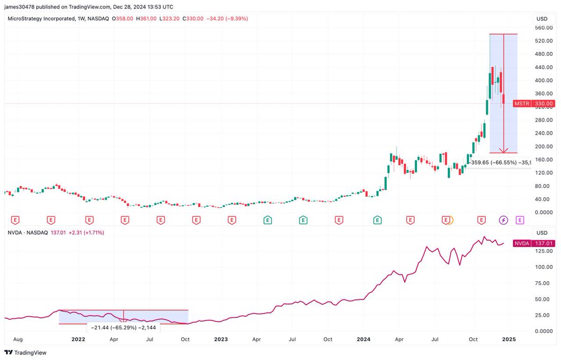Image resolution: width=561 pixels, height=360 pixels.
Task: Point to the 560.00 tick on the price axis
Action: click(x=544, y=28)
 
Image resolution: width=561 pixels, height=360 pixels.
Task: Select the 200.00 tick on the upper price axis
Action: click(x=544, y=146)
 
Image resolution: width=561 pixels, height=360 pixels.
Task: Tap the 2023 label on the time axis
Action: click(x=221, y=339)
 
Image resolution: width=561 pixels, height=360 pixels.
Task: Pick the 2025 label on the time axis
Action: click(x=509, y=339)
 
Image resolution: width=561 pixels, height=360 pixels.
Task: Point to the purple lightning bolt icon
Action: click(x=503, y=219)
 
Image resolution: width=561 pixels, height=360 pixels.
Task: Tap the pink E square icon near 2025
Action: click(x=519, y=219)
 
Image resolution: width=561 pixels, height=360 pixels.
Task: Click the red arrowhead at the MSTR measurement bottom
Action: click(x=503, y=151)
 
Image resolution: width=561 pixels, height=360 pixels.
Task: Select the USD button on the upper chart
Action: click(x=542, y=19)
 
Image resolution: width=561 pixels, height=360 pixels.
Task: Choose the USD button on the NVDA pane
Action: click(x=542, y=232)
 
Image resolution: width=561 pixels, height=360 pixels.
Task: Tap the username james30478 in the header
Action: click(x=21, y=7)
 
